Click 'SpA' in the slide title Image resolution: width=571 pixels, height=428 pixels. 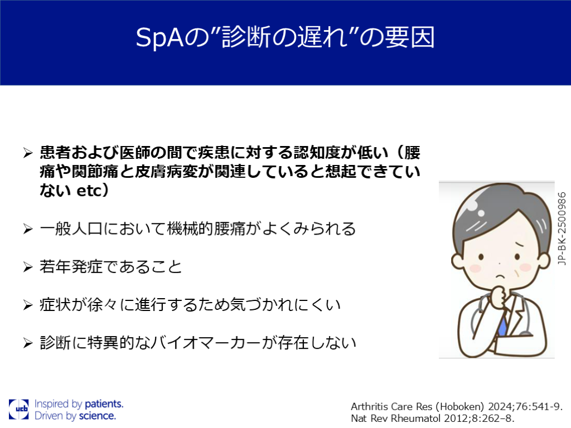click(x=159, y=37)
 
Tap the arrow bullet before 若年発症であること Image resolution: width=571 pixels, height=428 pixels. click(x=28, y=267)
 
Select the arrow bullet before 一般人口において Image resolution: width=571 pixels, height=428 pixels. click(x=28, y=229)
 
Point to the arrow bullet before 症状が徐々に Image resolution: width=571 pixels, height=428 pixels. click(x=28, y=305)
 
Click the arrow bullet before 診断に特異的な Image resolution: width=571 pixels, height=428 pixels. click(x=28, y=343)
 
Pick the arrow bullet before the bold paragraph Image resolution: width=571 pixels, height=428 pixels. click(x=28, y=153)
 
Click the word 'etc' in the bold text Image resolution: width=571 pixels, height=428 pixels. click(x=89, y=191)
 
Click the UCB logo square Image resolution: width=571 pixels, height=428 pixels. click(x=19, y=409)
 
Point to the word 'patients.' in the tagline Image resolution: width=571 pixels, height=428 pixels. click(x=104, y=403)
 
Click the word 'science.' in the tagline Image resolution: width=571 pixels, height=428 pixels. click(x=97, y=416)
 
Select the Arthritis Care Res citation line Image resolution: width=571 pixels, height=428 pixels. click(x=457, y=406)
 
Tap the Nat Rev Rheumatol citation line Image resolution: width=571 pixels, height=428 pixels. click(x=433, y=419)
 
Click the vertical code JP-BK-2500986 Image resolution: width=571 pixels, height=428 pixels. click(x=562, y=228)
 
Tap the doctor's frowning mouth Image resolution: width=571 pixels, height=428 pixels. click(x=501, y=276)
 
